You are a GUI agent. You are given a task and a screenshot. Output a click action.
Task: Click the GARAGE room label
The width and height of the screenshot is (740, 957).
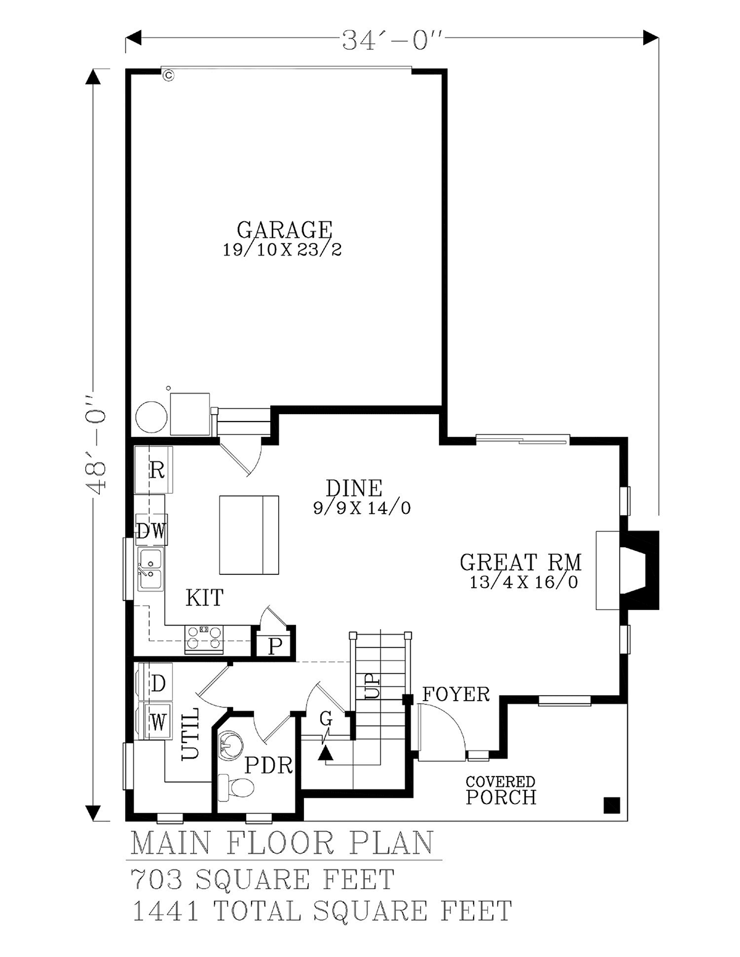[x=284, y=229]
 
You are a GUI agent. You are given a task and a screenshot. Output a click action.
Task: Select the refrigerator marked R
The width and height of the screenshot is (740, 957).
[x=154, y=470]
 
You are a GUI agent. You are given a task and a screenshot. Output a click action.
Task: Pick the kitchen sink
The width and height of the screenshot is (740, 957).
[x=150, y=569]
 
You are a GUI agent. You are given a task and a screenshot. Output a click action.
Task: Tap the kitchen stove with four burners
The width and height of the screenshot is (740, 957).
[x=203, y=639]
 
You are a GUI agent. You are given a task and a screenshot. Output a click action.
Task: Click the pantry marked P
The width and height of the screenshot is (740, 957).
[x=274, y=647]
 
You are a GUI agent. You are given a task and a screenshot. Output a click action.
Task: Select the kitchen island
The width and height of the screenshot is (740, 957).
[x=249, y=535]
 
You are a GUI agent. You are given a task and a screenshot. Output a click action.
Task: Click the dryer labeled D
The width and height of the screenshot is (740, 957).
[x=155, y=684]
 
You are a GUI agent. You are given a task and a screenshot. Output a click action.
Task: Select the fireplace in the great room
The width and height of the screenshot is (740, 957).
[x=628, y=571]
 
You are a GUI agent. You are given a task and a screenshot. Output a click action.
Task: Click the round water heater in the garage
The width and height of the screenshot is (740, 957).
[x=151, y=416]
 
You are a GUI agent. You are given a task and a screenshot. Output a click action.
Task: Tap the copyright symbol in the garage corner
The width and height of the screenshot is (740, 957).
[x=168, y=76]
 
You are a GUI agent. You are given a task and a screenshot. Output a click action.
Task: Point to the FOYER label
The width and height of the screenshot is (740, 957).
[x=456, y=694]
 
